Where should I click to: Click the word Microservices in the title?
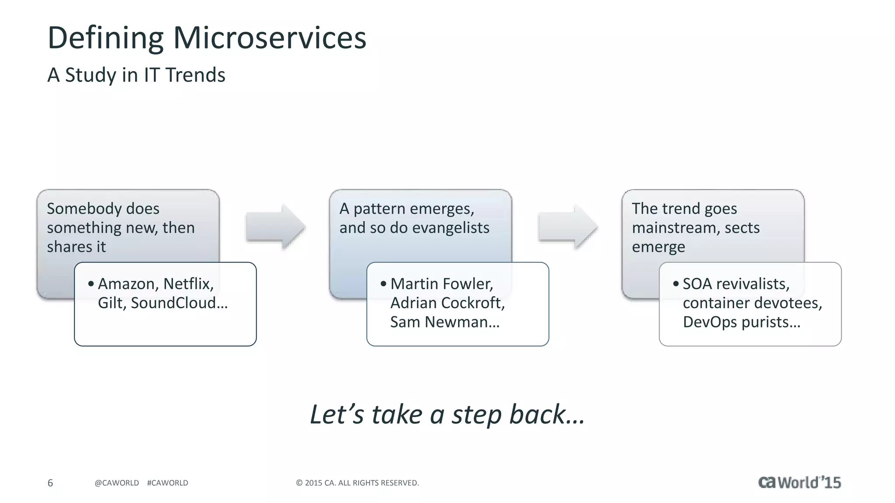(270, 38)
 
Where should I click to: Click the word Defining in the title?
(105, 38)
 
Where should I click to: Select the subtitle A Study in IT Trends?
(136, 75)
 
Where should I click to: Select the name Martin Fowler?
(441, 284)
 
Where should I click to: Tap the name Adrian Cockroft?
(447, 303)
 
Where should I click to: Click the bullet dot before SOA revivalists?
(676, 284)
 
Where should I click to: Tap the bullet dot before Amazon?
(91, 284)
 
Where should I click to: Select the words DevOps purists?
(741, 322)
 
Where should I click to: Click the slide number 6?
(50, 483)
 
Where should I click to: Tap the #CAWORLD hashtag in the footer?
(167, 483)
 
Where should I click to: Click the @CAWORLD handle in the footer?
(117, 483)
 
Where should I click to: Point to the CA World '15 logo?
(799, 482)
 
